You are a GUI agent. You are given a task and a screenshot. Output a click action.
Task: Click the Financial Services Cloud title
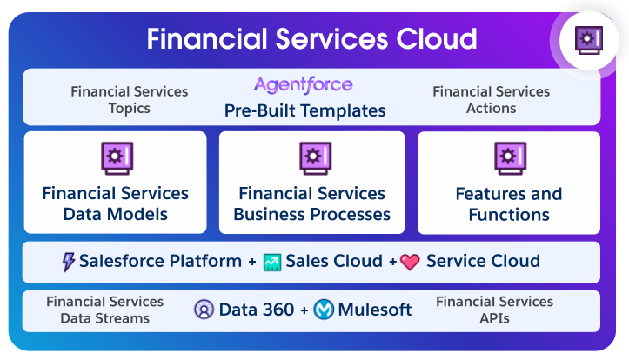pos(311,39)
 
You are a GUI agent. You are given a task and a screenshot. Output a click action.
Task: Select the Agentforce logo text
pos(304,85)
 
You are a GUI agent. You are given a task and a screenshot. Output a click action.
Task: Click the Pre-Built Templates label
pos(305,110)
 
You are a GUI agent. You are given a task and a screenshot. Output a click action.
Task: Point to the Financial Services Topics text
pos(130,100)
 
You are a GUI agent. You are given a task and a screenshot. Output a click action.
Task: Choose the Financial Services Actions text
pos(491,100)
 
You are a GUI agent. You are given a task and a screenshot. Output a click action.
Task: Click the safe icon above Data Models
pos(116,157)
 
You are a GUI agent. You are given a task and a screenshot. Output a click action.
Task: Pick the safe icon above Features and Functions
pos(509,157)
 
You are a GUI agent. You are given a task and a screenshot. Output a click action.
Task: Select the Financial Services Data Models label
pos(116,203)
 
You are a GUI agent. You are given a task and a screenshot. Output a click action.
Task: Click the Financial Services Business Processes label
pos(312,203)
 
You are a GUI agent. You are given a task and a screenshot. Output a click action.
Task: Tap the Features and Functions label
pos(509,203)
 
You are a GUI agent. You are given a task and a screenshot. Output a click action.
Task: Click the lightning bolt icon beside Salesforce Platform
pos(69,262)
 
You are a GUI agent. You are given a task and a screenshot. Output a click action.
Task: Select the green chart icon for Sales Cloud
pos(272,262)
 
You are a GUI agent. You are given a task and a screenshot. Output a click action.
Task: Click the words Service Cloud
pos(483,261)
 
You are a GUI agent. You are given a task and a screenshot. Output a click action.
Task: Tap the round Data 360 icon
pos(204,310)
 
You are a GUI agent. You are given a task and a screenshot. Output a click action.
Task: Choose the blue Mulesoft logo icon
pos(324,310)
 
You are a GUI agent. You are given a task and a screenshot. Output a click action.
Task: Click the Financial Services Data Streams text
pos(105,310)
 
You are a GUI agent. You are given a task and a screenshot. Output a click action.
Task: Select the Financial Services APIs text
pos(494,310)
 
